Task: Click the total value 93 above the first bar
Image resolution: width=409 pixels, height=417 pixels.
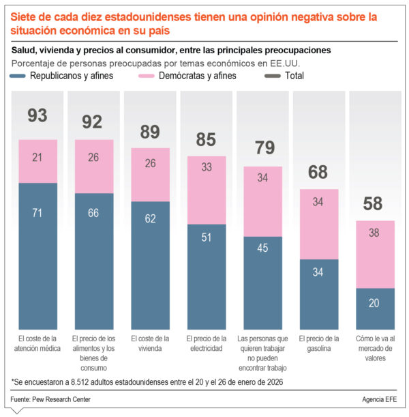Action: (x=37, y=116)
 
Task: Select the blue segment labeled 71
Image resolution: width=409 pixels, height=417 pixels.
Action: (x=37, y=256)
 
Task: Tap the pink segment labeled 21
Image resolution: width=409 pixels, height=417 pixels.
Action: (x=37, y=161)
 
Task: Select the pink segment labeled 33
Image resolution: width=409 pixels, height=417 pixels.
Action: (x=207, y=190)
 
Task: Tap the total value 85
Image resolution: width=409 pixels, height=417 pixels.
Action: (x=206, y=140)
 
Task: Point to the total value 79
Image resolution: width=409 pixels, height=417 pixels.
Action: (x=262, y=149)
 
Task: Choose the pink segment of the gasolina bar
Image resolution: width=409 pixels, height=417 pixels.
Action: (x=319, y=224)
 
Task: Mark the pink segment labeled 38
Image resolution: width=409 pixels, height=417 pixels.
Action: (x=375, y=254)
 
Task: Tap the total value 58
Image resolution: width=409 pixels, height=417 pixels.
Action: (x=374, y=204)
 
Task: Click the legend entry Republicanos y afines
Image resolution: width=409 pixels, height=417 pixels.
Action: (x=61, y=76)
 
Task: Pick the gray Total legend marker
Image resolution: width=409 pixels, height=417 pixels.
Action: (x=270, y=76)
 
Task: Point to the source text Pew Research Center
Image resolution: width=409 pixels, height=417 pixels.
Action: (x=61, y=399)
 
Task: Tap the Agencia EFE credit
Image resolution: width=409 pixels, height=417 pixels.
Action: (x=381, y=399)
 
